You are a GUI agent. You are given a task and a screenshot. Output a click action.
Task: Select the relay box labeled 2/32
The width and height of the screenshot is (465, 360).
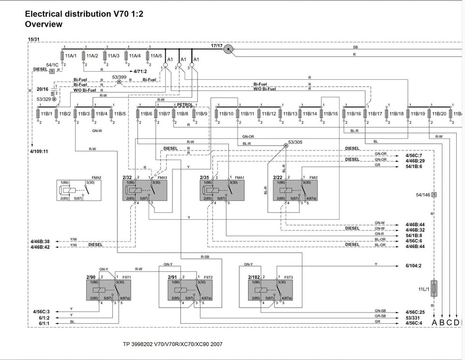[x=145, y=191]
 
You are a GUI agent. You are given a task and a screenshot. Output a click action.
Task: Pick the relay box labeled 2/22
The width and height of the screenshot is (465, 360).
[x=295, y=191]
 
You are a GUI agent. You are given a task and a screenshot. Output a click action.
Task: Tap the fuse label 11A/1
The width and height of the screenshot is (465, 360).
[x=71, y=56]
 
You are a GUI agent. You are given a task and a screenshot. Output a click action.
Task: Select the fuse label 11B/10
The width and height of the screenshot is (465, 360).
[x=226, y=114]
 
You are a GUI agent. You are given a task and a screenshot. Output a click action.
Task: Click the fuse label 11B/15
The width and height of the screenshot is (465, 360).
[x=330, y=114]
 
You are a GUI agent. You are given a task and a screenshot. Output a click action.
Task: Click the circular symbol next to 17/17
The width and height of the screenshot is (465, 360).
[x=229, y=49]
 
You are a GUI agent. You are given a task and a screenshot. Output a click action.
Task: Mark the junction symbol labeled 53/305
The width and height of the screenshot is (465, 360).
[x=286, y=145]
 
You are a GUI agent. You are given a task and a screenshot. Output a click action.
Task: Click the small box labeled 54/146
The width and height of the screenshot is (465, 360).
[x=434, y=195]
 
